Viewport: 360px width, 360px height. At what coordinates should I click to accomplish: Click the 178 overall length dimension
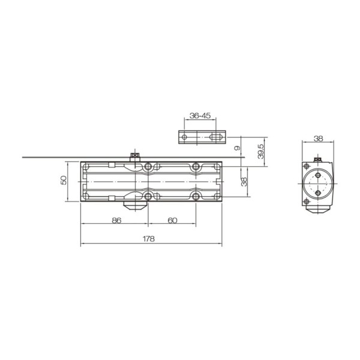(x=149, y=238)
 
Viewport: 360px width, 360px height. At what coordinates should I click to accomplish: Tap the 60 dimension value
(x=172, y=220)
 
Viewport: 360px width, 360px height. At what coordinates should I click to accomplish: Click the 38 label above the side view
(x=318, y=138)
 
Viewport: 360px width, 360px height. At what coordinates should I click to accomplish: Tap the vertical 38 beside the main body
(x=244, y=181)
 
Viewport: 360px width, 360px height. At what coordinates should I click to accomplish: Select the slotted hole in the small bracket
(x=213, y=137)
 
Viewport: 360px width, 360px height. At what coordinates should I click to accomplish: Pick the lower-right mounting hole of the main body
(x=196, y=196)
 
